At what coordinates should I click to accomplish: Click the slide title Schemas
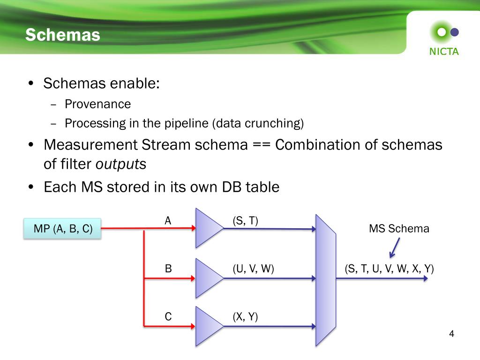63,35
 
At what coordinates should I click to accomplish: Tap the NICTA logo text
444,52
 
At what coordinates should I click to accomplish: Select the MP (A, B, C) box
63,229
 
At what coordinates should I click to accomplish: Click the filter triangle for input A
208,228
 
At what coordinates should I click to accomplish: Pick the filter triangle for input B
208,278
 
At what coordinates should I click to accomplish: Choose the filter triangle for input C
208,326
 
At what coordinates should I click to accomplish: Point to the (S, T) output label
246,221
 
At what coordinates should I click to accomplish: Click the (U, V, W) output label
253,269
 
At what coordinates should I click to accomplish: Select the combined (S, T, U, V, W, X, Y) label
390,269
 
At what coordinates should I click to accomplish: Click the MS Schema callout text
399,229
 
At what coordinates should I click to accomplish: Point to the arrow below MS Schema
394,247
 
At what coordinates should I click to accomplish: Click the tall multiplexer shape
325,280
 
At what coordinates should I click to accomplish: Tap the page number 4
451,334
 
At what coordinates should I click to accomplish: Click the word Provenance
98,104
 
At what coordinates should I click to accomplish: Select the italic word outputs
121,165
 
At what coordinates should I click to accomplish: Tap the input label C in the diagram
168,317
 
